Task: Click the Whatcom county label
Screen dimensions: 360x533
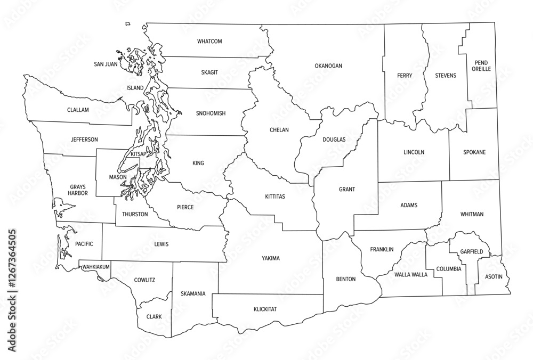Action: pyautogui.click(x=209, y=42)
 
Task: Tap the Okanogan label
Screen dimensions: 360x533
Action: pyautogui.click(x=328, y=66)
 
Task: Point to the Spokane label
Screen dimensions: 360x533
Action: pyautogui.click(x=474, y=152)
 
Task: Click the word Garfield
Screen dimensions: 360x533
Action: pyautogui.click(x=472, y=251)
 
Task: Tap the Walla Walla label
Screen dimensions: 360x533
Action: pyautogui.click(x=411, y=275)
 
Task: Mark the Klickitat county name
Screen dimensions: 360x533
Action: pyautogui.click(x=265, y=309)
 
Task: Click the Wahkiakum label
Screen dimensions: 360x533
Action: pyautogui.click(x=95, y=267)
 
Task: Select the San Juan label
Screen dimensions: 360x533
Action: pyautogui.click(x=106, y=64)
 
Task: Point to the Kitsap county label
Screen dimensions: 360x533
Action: pyautogui.click(x=139, y=154)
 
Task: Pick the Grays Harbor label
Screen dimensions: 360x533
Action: pyautogui.click(x=77, y=191)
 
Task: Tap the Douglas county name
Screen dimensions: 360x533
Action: pyautogui.click(x=334, y=140)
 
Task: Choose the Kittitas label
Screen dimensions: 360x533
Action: pyautogui.click(x=275, y=197)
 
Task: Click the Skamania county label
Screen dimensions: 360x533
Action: pyautogui.click(x=193, y=293)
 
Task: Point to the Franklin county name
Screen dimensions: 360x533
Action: pyautogui.click(x=382, y=249)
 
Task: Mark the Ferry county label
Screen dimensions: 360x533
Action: pyautogui.click(x=405, y=76)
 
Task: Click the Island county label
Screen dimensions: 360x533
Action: pyautogui.click(x=135, y=87)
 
